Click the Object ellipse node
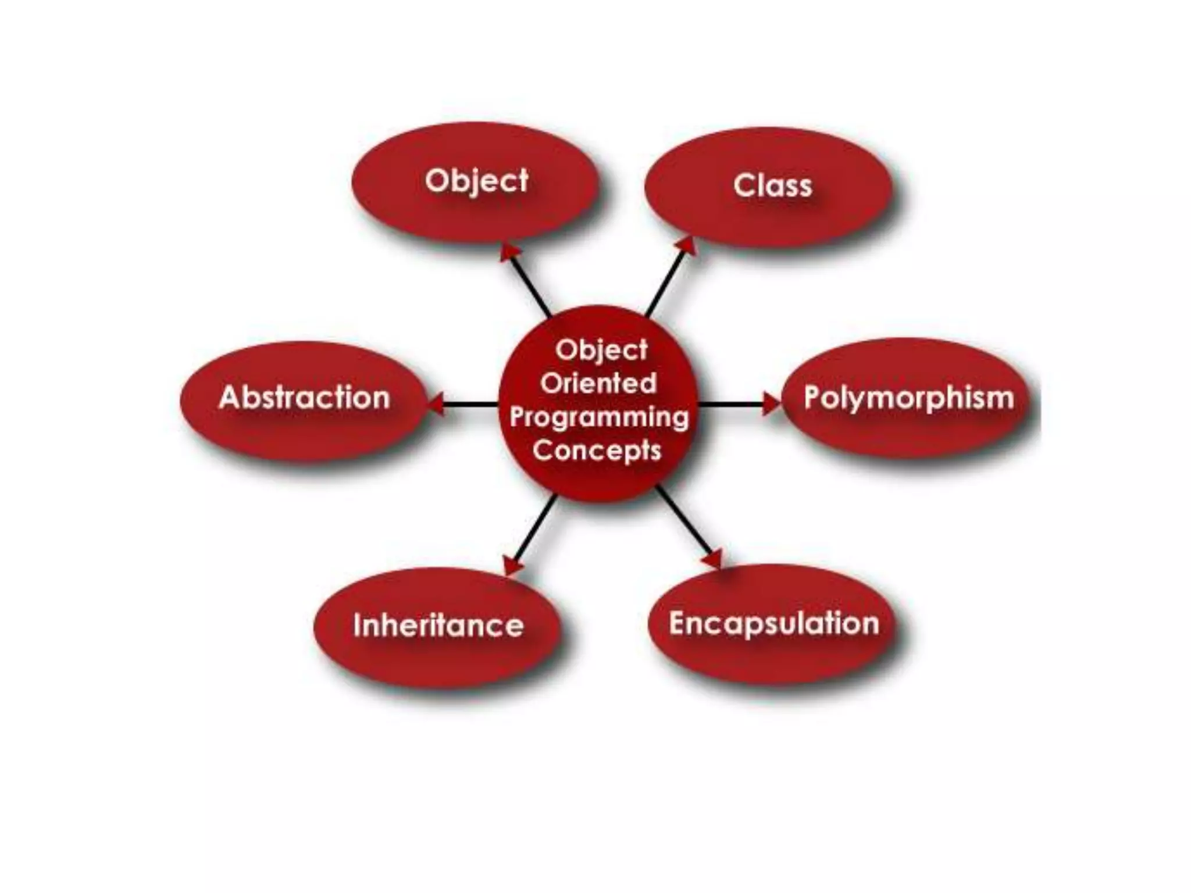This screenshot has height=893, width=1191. click(475, 181)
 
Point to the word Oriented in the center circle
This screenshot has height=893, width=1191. click(599, 384)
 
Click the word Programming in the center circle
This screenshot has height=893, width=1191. click(599, 417)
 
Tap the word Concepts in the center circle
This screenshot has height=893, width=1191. click(597, 451)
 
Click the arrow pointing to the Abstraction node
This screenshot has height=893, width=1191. click(465, 404)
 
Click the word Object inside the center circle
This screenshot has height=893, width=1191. click(601, 350)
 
